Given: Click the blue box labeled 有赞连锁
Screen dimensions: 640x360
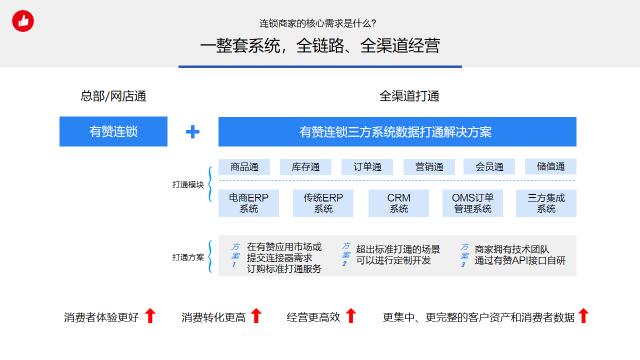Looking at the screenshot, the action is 113,132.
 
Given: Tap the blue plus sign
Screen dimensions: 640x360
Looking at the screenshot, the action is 193,132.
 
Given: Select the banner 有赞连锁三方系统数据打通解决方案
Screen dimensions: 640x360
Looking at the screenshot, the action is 397,132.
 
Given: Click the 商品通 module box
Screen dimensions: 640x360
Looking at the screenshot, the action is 244,166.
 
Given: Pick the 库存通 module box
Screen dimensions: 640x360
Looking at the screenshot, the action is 305,166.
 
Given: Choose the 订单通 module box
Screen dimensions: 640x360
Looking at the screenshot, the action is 367,166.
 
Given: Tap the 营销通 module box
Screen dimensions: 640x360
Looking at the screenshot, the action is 428,166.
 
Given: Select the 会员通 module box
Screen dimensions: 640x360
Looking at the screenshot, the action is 489,166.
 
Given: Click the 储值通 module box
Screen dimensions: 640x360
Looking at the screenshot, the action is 550,166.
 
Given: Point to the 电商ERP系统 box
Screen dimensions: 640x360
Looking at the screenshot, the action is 248,203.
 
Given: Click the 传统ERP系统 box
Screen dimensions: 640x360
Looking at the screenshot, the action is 323,203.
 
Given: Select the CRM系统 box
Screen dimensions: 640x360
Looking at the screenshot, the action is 398,203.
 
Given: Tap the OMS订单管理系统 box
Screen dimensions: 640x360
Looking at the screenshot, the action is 472,203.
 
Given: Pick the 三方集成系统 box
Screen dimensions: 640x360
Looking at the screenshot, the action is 546,203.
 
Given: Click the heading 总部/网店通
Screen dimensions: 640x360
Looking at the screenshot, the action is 112,97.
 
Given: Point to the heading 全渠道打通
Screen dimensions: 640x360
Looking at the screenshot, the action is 409,97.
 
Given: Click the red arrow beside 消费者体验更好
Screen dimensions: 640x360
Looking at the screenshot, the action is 150,317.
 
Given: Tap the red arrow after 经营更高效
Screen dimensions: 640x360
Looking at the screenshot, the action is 350,317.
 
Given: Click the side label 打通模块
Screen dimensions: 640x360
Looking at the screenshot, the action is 188,186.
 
